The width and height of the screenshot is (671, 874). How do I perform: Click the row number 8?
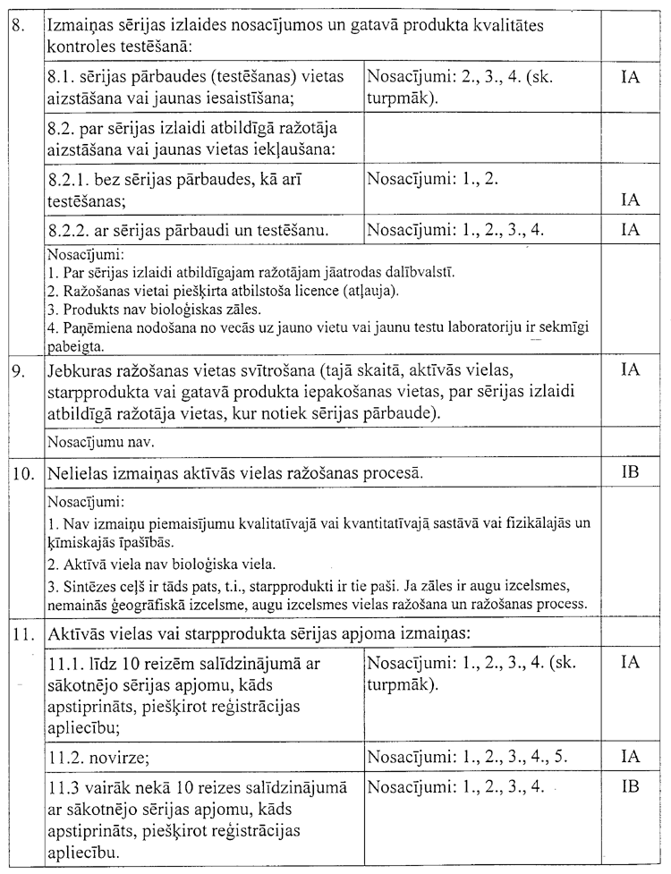pyautogui.click(x=17, y=26)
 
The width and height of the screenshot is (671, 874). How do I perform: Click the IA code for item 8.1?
pyautogui.click(x=630, y=78)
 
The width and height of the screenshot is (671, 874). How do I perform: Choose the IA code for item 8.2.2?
pyautogui.click(x=630, y=230)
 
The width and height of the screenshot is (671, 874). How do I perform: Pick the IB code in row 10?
pyautogui.click(x=630, y=471)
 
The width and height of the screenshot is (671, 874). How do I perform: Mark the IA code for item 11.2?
pyautogui.click(x=630, y=757)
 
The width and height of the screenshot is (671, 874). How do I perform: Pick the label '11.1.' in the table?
pyautogui.click(x=66, y=665)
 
